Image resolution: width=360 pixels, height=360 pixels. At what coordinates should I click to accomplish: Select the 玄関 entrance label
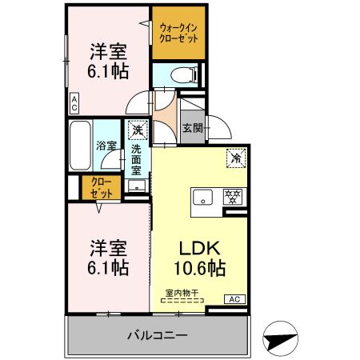191,127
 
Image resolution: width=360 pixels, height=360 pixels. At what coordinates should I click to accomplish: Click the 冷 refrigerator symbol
237,158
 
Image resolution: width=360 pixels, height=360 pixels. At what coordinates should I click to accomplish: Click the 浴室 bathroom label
106,146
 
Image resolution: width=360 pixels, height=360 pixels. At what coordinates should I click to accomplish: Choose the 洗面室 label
137,159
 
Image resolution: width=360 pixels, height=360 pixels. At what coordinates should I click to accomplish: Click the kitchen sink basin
201,196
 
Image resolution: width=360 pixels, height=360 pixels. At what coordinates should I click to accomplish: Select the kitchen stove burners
233,195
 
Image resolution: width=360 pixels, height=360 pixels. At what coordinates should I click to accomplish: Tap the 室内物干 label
183,292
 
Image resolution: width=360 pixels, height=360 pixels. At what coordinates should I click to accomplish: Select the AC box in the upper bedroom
74,102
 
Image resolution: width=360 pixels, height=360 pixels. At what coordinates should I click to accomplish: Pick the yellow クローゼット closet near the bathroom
100,189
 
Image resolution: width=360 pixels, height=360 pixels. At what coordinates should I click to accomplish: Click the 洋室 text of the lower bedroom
106,245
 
